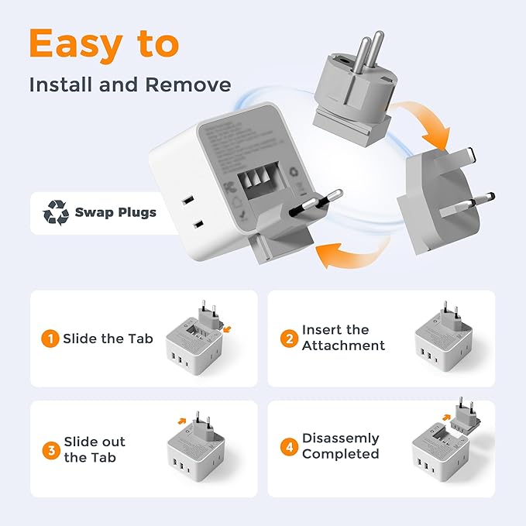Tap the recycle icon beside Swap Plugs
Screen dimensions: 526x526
(56, 211)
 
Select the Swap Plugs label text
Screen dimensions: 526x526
(115, 212)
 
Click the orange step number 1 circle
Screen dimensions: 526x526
(50, 339)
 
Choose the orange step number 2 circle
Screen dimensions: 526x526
(289, 338)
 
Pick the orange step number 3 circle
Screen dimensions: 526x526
(50, 449)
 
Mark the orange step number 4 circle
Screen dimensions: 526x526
(289, 445)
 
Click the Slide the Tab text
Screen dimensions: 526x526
(108, 339)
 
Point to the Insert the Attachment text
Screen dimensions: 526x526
(343, 338)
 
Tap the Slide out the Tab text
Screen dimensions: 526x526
(95, 449)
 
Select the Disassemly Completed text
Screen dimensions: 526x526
(341, 445)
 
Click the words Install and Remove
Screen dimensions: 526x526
(129, 84)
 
